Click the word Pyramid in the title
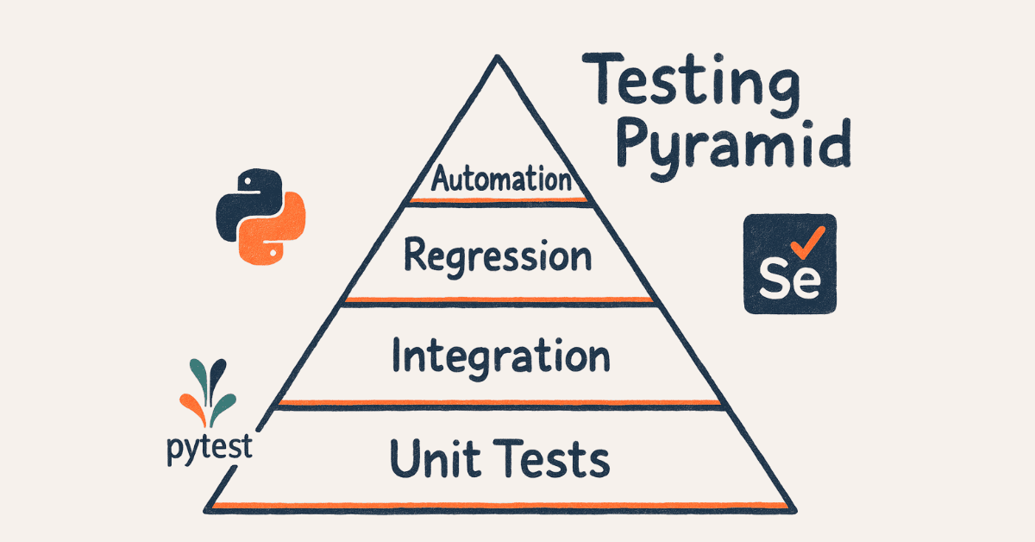tap(737, 147)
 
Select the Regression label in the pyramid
tap(498, 256)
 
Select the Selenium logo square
tap(789, 262)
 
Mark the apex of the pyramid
tap(498, 59)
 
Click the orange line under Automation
tap(499, 200)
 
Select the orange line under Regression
tap(499, 299)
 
